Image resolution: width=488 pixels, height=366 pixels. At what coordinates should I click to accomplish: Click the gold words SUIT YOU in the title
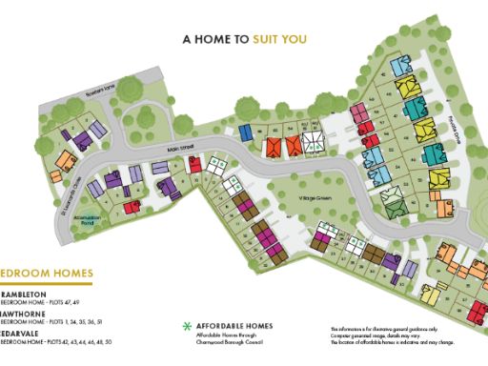[x=280, y=41]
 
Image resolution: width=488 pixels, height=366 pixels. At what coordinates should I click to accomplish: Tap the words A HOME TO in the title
[x=215, y=41]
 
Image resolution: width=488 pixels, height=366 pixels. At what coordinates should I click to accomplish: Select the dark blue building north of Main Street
[x=244, y=131]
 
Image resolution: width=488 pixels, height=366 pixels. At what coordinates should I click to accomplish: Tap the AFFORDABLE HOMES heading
[x=234, y=326]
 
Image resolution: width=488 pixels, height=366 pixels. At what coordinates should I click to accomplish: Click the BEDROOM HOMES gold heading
[x=38, y=273]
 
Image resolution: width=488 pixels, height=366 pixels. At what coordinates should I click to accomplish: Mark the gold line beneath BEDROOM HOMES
[x=46, y=283]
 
